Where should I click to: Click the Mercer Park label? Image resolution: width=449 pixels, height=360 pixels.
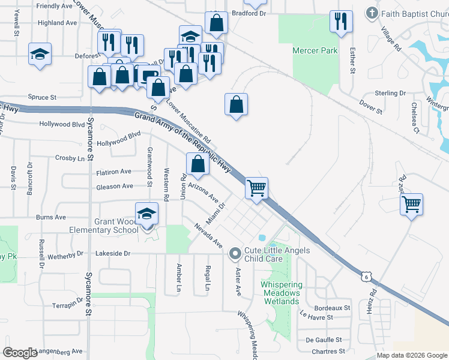point(315,51)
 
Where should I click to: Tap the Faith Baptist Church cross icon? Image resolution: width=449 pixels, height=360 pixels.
point(372,13)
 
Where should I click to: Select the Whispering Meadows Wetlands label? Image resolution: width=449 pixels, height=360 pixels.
point(280,292)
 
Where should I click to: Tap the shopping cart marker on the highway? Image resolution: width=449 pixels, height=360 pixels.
point(256,188)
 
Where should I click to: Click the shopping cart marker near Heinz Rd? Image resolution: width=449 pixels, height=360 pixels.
point(411,204)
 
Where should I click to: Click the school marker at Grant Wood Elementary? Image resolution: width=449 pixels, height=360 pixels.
point(146,214)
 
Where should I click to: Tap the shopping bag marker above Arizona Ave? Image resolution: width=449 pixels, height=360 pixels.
point(197,163)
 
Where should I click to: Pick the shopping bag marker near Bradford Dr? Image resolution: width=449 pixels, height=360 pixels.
point(216,23)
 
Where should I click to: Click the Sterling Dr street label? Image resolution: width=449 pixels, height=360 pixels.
point(390,93)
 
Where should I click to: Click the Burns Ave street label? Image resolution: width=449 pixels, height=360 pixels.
point(50,217)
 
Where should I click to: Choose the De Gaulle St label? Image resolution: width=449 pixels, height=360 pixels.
point(324,340)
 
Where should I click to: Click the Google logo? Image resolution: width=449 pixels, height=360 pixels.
point(20,353)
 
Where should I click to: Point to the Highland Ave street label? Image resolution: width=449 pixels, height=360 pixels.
point(58,23)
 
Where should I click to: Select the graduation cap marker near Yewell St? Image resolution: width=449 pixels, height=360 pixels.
point(40,55)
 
